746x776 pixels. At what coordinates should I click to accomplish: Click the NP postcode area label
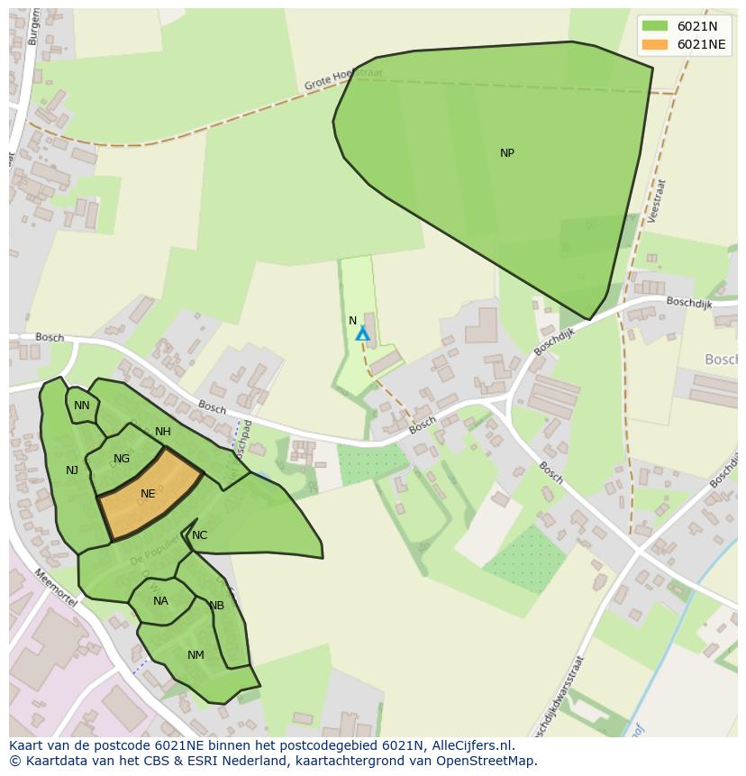507,153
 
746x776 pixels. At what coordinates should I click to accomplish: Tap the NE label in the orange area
148,494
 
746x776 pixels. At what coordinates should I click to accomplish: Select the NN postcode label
82,406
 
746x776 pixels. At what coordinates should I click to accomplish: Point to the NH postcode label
162,432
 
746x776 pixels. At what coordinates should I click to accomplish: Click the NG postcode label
122,459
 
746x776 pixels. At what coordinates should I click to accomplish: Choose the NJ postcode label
72,470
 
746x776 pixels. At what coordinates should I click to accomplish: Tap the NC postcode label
199,535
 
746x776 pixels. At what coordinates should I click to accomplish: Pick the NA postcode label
160,601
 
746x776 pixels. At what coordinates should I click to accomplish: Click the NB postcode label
216,606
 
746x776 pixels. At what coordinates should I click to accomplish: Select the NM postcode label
196,655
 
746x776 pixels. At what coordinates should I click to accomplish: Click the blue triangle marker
362,334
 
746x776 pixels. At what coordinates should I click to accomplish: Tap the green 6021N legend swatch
655,26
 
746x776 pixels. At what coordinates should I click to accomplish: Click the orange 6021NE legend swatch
655,44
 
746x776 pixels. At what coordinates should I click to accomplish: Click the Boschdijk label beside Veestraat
688,304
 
